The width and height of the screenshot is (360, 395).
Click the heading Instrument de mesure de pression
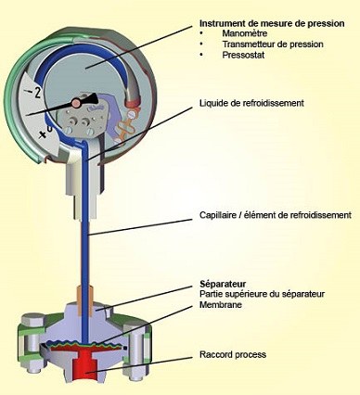point(272,23)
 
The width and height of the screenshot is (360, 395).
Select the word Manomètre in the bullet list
point(244,33)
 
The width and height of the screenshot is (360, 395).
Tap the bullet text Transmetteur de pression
point(273,45)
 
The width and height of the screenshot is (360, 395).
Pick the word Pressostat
point(243,55)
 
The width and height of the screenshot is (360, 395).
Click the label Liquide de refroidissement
point(251,103)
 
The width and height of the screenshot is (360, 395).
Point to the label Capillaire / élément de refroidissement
point(276,215)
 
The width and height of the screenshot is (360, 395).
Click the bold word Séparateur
point(223,284)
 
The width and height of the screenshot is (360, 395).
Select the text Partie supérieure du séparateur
point(262,294)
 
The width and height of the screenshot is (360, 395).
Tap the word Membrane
point(221,305)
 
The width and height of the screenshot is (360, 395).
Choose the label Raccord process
point(233,354)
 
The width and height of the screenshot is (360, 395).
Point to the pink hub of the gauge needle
point(76,103)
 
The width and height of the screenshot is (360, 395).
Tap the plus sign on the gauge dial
point(43,135)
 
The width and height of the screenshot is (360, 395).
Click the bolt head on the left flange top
point(32,320)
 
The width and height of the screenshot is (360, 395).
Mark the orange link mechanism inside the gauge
point(124,128)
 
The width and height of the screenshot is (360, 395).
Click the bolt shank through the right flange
point(135,345)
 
